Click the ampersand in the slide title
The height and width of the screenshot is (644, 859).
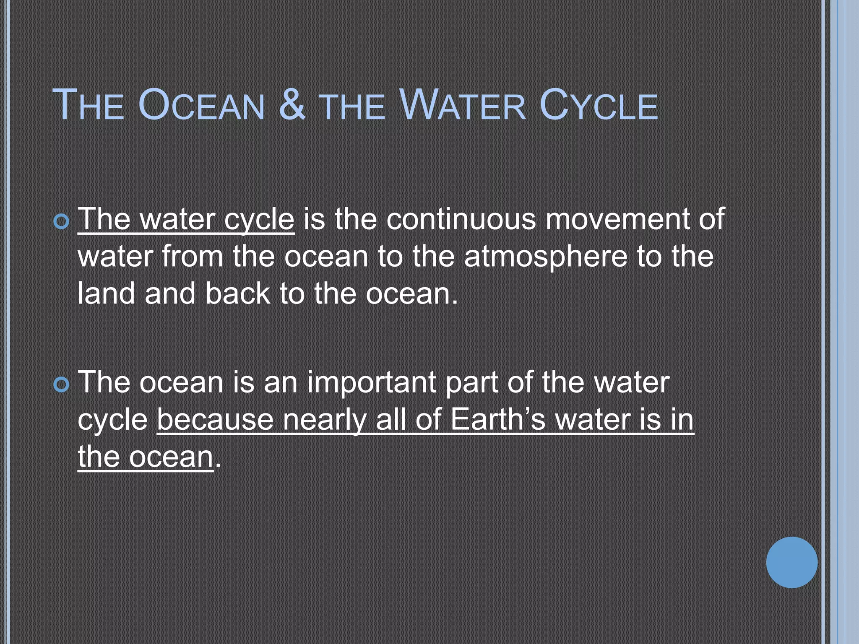[292, 104]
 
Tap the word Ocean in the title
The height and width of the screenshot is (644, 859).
[201, 105]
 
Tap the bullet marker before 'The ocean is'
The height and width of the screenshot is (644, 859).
[62, 384]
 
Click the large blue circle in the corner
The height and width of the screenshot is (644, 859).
[791, 562]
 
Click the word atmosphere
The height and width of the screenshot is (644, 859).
[546, 257]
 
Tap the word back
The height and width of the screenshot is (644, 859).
[237, 293]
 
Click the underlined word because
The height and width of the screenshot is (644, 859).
[215, 420]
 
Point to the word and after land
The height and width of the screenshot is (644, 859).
[170, 293]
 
